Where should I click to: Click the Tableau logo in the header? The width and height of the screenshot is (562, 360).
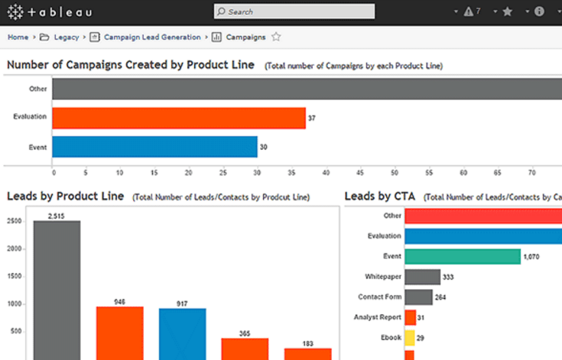tap(50, 12)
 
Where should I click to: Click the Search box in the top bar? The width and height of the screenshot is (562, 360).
tap(294, 11)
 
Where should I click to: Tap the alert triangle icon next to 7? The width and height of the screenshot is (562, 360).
tap(468, 11)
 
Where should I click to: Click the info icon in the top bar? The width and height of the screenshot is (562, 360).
tap(539, 11)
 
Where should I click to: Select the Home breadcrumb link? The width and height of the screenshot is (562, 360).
tap(18, 37)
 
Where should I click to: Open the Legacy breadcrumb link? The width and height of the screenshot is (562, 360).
tap(67, 37)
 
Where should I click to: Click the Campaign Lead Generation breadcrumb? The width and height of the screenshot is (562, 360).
tap(152, 37)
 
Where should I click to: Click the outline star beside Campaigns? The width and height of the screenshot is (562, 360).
tap(276, 37)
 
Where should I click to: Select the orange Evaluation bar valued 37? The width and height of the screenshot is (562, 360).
tap(179, 118)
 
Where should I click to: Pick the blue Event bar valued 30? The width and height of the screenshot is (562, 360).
tap(154, 147)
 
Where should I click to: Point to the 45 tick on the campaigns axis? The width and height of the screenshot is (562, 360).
tap(360, 173)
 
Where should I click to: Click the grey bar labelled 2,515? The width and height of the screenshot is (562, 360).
tap(57, 290)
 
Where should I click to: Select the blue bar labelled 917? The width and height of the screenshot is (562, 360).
tap(183, 334)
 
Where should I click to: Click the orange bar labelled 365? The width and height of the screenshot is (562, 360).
tap(245, 349)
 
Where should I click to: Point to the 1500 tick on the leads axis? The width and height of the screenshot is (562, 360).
tap(15, 276)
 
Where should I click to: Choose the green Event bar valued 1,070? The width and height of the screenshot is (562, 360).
tap(463, 257)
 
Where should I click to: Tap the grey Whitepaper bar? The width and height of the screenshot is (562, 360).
tap(423, 277)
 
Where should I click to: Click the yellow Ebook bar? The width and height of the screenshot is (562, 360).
tap(410, 338)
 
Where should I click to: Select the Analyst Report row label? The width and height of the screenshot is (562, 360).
tap(378, 317)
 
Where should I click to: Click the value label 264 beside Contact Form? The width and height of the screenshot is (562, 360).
tap(440, 297)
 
